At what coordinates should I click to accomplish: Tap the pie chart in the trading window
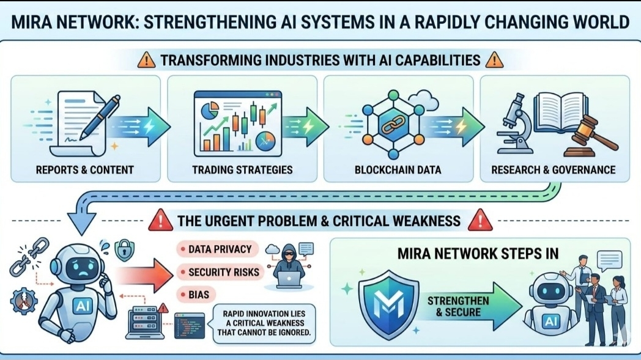pos(210,111)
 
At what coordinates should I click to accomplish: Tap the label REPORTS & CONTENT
pos(85,169)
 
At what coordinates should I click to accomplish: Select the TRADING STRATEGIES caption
pos(242,169)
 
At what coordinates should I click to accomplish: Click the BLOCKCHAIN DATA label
pos(398,169)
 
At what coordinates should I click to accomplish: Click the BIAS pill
pos(195,295)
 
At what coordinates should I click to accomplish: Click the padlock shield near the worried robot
pos(125,250)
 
